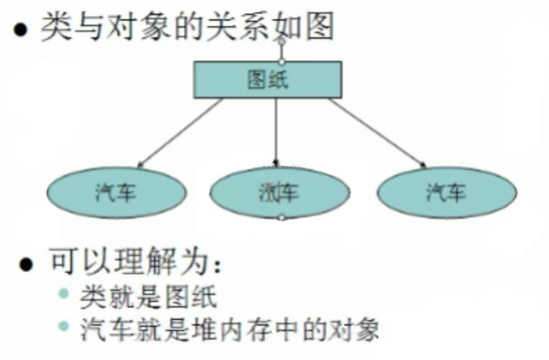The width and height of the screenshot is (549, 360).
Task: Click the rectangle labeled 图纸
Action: (x=268, y=79)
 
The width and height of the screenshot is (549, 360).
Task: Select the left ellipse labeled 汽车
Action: (x=116, y=192)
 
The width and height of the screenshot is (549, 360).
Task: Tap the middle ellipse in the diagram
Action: (x=279, y=192)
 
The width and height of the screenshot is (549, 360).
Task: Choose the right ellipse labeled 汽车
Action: (x=447, y=192)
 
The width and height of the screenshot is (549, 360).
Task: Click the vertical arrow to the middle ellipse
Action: (x=276, y=131)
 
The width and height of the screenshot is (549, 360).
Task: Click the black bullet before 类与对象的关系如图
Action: (x=20, y=30)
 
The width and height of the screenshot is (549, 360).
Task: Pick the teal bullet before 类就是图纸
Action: (x=64, y=294)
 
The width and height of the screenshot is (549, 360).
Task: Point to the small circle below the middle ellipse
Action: (x=281, y=217)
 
